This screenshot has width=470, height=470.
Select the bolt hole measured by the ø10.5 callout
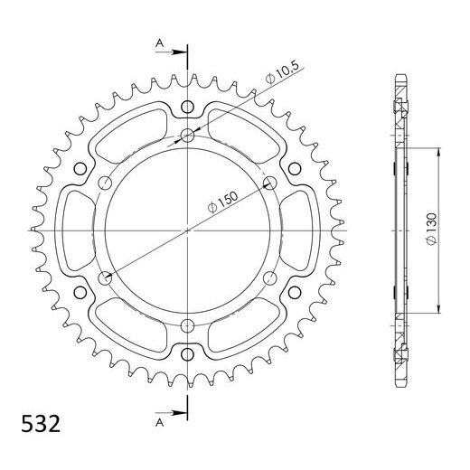[x=187, y=136]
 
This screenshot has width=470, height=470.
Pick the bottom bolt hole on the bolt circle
[x=187, y=325]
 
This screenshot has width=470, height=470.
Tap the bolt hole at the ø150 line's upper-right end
[x=269, y=183]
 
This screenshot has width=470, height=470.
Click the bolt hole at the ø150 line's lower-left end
[x=105, y=277]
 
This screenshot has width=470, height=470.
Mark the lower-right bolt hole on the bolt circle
[x=269, y=277]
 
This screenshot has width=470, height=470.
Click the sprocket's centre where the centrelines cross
[x=187, y=230]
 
